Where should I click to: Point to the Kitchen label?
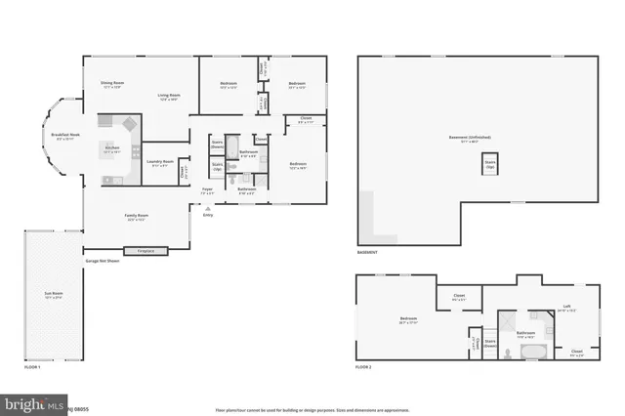[x=111, y=148]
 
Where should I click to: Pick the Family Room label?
[x=136, y=216]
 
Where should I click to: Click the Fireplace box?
[x=146, y=251]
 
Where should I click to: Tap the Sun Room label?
[x=53, y=294]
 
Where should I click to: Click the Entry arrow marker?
[x=208, y=208]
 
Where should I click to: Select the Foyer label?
[x=207, y=189]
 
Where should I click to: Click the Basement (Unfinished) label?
[x=470, y=138]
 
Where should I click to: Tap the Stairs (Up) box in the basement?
[x=491, y=164]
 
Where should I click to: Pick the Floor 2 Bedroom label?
[x=408, y=318]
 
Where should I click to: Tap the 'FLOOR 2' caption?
[x=363, y=366]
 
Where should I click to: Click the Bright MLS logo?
[x=34, y=403]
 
